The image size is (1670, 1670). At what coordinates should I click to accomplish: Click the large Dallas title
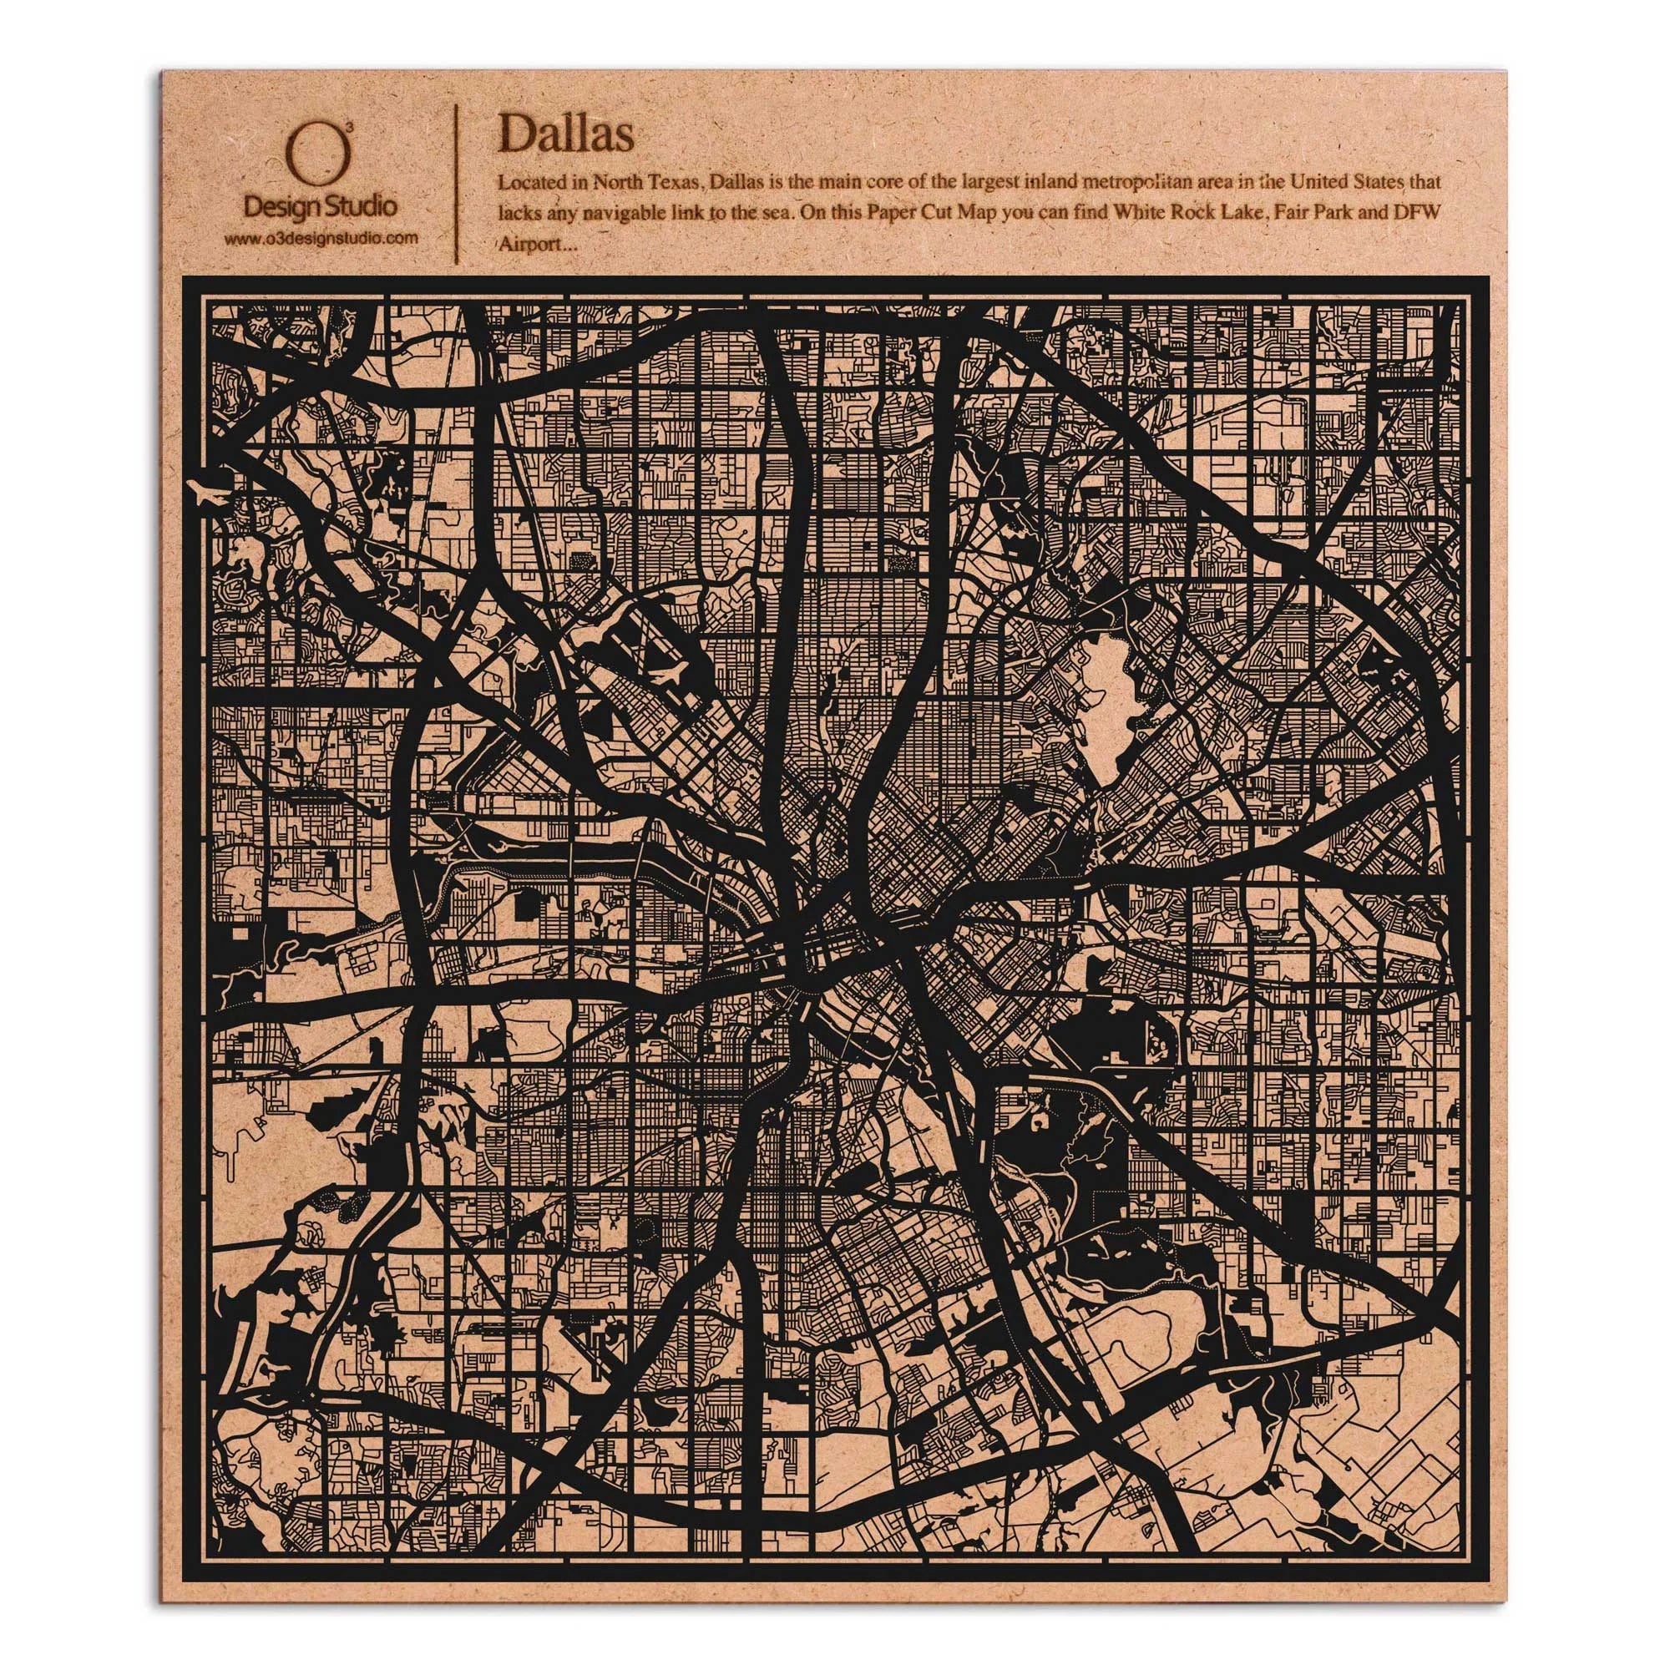565,134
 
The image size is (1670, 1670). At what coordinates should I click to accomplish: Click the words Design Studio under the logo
321,206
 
